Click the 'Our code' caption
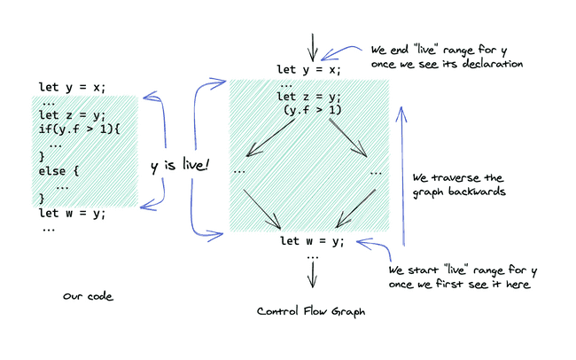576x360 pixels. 88,296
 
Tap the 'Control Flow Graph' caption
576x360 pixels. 311,312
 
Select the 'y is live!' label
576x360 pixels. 180,166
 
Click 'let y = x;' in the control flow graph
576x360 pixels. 308,69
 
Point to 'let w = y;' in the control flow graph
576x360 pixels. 312,241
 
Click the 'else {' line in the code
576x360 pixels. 58,171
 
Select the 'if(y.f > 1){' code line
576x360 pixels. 80,129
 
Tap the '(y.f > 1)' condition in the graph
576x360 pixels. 313,110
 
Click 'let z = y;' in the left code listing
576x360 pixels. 72,115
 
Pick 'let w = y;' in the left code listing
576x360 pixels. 72,214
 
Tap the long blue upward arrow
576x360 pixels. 403,176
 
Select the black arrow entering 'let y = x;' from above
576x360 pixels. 312,47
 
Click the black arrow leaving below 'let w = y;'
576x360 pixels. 312,274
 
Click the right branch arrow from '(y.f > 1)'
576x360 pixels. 348,138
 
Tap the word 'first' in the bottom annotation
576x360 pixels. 449,284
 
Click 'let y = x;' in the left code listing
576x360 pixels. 72,87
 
